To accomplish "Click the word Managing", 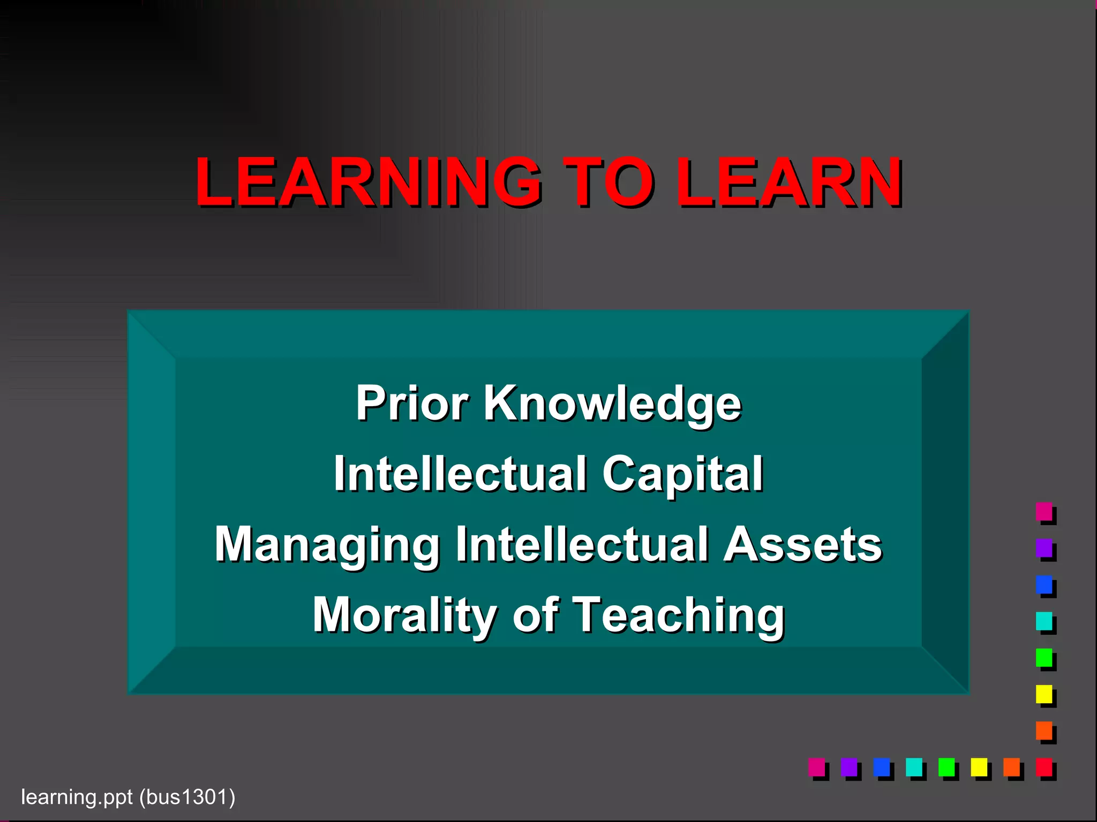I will click(327, 545).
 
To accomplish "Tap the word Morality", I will click(404, 615).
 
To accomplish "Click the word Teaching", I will click(679, 615).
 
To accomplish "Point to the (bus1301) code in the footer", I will click(187, 797).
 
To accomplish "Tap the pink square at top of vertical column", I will click(1044, 511).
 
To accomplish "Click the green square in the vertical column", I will click(1044, 657).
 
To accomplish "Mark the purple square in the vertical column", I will click(1044, 547).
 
